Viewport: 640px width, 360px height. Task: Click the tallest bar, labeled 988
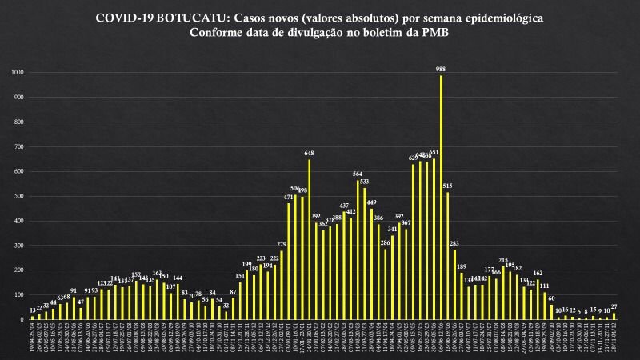point(441,197)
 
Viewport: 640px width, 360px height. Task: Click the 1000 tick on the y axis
point(18,73)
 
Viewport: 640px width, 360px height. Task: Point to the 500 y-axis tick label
point(19,196)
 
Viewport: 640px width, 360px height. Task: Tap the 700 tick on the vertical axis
point(19,146)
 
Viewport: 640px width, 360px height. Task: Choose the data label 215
point(503,260)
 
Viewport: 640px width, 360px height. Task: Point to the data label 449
point(371,202)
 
